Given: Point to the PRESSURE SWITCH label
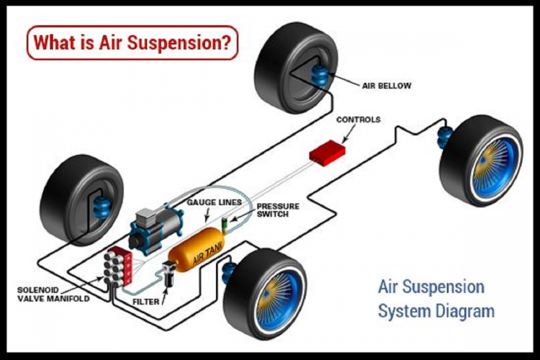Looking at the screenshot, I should [x=279, y=210].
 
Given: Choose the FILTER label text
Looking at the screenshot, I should [x=146, y=303].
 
